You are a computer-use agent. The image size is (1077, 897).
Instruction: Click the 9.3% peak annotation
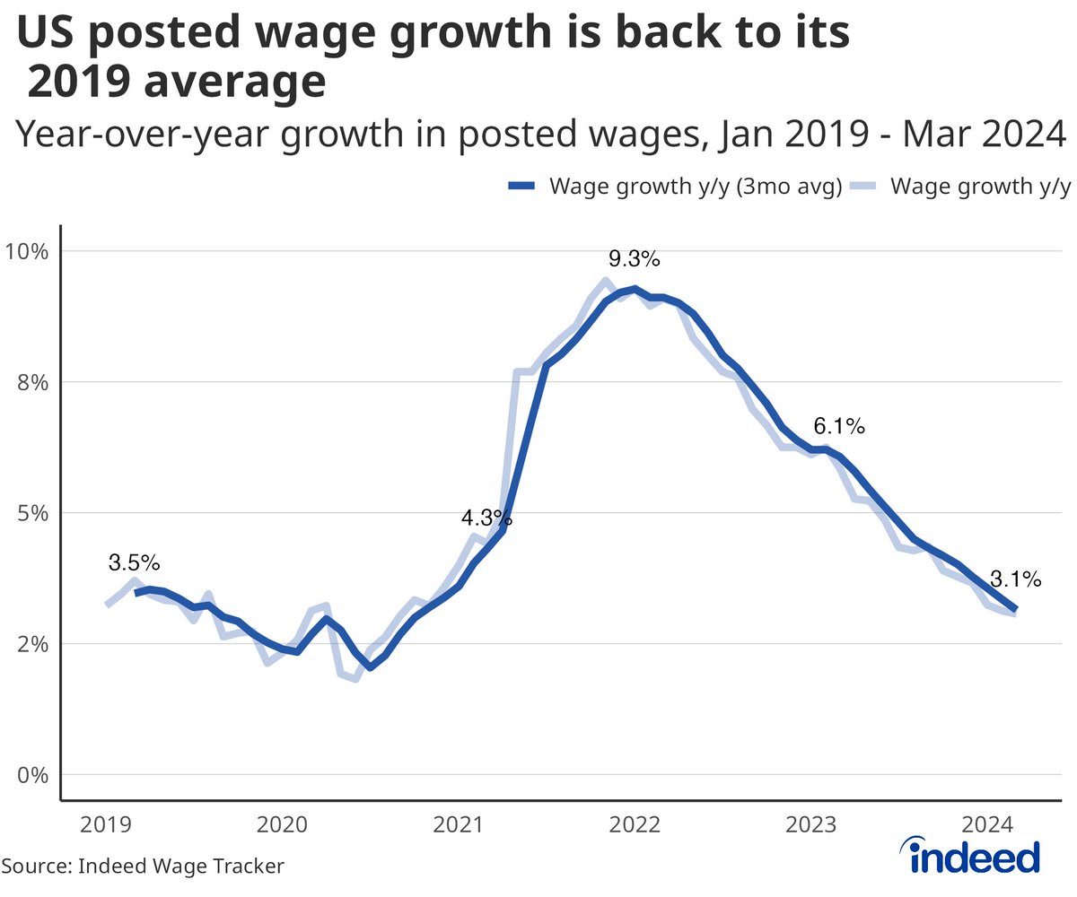point(634,260)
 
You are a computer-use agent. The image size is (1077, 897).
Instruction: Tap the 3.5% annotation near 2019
point(134,563)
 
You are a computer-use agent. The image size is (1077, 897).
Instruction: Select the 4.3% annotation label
point(486,518)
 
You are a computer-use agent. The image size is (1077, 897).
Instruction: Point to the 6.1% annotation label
point(838,427)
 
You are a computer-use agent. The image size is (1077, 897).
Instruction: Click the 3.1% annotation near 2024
point(1015,579)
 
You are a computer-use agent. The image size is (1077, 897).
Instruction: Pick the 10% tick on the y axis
point(30,250)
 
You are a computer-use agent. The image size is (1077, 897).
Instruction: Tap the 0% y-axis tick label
point(33,775)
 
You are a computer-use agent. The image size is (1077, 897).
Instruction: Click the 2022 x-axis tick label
point(636,824)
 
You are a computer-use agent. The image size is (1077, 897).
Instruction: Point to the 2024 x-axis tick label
point(990,824)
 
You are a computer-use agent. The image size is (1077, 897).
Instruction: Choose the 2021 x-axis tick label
point(460,824)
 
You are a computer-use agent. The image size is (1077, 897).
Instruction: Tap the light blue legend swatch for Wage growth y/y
point(862,187)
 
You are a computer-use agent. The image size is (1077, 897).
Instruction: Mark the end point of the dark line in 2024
point(1015,609)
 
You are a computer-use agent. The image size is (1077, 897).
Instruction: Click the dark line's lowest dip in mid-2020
point(370,667)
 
